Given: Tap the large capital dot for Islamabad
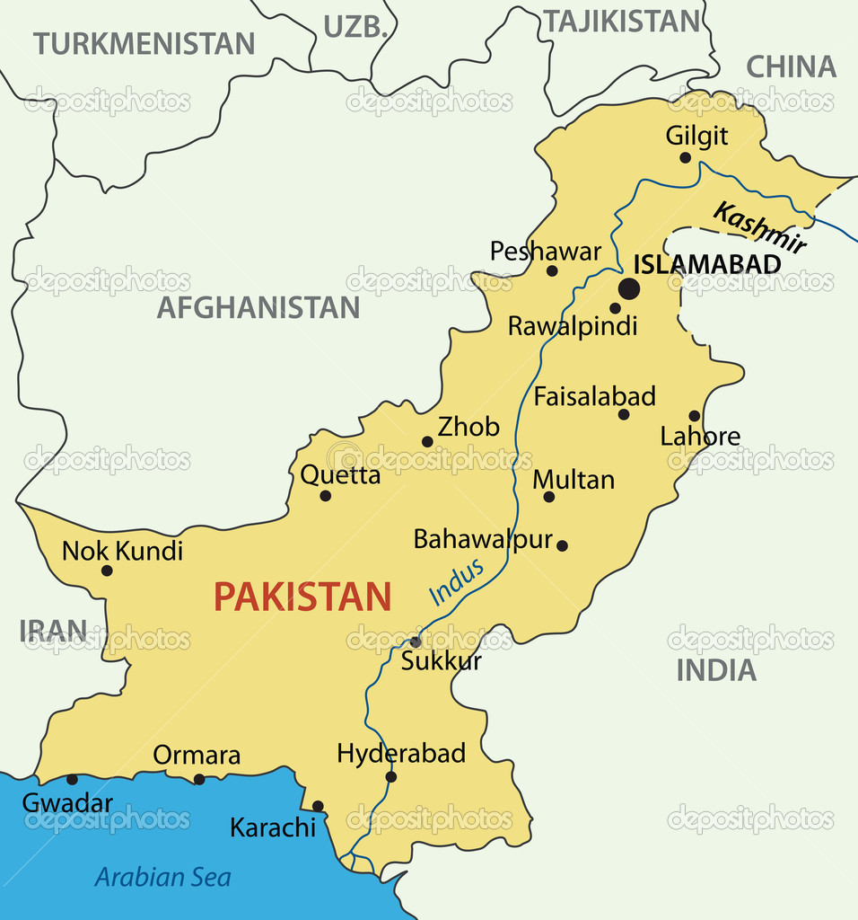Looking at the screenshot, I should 629,289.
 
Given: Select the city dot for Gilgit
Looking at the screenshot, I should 685,157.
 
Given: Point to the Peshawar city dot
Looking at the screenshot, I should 552,270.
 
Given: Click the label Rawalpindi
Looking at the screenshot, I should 572,326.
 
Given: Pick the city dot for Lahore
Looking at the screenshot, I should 694,416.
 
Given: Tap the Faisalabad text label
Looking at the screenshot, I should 594,396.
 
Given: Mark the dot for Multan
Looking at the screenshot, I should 548,497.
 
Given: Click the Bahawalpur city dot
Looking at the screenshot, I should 562,545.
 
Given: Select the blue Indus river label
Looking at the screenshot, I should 456,582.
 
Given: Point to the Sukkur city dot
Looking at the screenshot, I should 415,642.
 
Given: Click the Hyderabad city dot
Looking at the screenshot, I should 390,777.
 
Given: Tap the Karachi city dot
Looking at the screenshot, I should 318,806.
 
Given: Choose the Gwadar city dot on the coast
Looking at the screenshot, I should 72,779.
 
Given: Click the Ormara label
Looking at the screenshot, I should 197,756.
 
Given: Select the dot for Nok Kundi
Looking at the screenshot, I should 107,571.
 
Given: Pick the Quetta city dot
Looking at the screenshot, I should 325,496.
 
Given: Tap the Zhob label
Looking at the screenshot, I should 468,427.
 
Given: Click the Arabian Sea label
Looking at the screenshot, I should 162,877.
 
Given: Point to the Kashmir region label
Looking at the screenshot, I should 759,228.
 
